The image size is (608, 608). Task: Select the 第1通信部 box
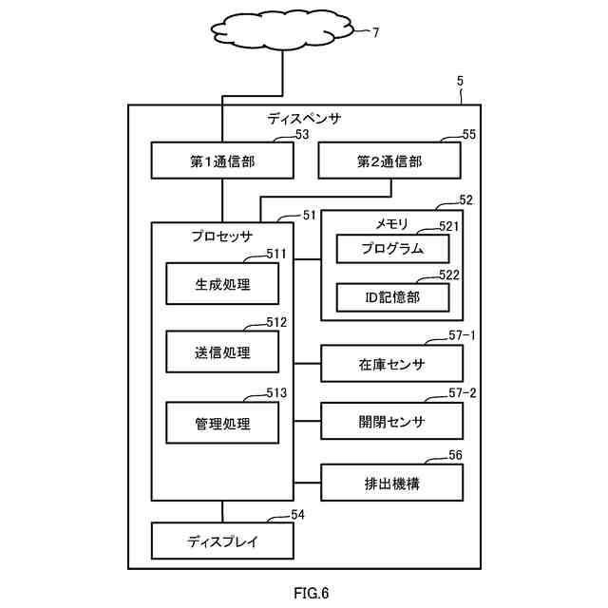click(222, 161)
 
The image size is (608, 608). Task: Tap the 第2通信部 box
click(389, 161)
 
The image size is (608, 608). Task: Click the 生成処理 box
click(222, 283)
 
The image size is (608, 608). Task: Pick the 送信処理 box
click(222, 351)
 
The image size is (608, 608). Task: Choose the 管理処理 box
click(222, 423)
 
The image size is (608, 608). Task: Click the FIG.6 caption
click(311, 593)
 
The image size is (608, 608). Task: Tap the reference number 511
click(276, 254)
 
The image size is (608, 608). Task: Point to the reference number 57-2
click(463, 393)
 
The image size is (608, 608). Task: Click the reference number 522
click(449, 275)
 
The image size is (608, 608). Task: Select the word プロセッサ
click(221, 237)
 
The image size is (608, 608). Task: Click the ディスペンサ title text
click(304, 118)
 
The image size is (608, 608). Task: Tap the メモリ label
click(392, 224)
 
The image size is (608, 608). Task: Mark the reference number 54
click(297, 515)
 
